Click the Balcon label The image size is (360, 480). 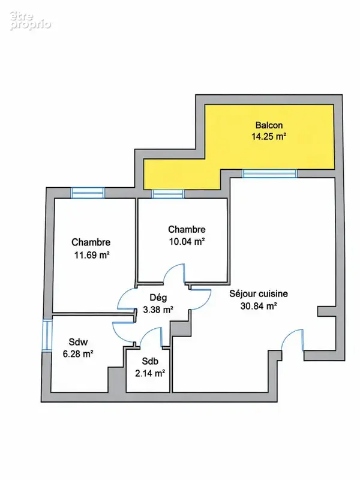click(x=269, y=125)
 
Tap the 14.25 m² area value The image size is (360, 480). click(x=269, y=136)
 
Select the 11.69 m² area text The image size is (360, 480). click(x=92, y=254)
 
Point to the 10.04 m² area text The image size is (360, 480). click(x=187, y=242)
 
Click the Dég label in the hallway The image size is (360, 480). click(x=158, y=298)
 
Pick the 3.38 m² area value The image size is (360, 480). click(x=158, y=310)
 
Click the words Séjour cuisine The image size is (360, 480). click(x=259, y=294)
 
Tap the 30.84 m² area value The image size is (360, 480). click(x=259, y=306)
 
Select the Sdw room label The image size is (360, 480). click(x=79, y=341)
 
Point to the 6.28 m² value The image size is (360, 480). click(x=78, y=354)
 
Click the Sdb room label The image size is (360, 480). click(x=150, y=361)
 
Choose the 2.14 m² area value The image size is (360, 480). click(x=150, y=373)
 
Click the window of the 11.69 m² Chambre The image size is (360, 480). click(x=88, y=193)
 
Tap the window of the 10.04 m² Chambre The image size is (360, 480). click(x=168, y=194)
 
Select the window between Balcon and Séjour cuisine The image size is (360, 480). click(x=269, y=173)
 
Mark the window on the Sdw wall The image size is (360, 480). click(x=47, y=335)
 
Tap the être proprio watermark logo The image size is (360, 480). click(x=30, y=21)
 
